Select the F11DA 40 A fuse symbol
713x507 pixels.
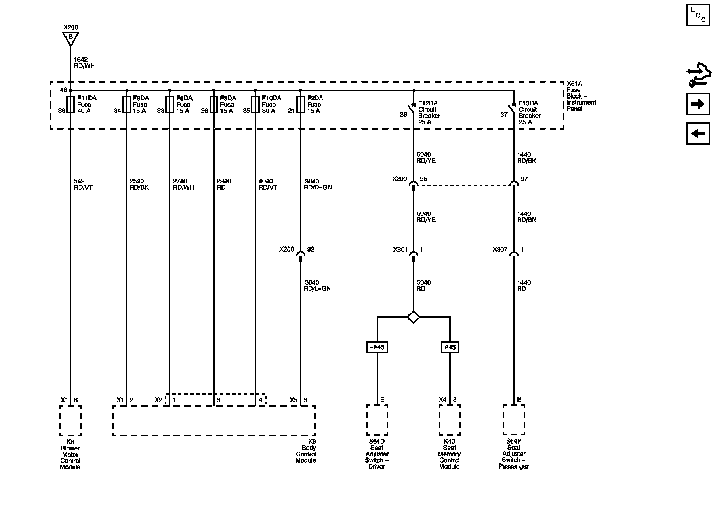pos(71,104)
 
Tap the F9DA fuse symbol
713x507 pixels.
pos(126,104)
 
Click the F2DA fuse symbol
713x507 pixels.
pos(300,104)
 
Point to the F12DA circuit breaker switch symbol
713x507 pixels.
pos(412,109)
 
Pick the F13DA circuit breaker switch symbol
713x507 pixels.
pos(513,109)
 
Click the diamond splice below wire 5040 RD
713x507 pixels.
pos(413,317)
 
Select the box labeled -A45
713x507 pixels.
pos(377,347)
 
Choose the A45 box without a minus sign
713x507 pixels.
pos(450,347)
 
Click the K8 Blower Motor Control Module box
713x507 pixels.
pos(71,420)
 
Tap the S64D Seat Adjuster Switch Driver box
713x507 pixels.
pos(377,420)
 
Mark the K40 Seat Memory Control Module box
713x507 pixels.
pos(450,420)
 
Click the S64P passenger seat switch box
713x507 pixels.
pos(514,419)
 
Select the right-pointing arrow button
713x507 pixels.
pos(698,104)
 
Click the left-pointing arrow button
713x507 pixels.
pos(698,133)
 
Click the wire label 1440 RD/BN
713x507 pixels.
pos(527,217)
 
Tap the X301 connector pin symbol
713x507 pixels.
pos(413,253)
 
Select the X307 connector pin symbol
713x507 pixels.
pos(514,253)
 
